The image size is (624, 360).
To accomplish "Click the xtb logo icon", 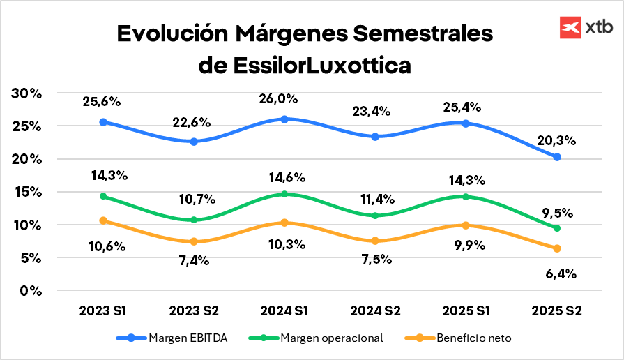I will point(571,27).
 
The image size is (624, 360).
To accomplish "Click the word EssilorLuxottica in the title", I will point(305,66).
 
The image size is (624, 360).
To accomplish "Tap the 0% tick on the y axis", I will point(31,290).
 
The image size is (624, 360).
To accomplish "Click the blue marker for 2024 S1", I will point(284,119).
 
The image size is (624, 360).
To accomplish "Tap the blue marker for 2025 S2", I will point(557,157).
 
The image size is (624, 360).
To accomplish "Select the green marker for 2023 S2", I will point(194,220).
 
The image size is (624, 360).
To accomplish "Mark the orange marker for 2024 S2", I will point(375,241).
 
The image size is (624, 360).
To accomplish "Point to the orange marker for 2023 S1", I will point(103,220).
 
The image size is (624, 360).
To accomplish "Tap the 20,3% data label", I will point(556,140).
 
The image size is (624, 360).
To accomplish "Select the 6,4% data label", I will point(561,273).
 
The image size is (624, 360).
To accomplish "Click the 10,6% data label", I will point(106,246).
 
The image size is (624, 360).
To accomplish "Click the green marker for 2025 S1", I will point(466,197).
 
